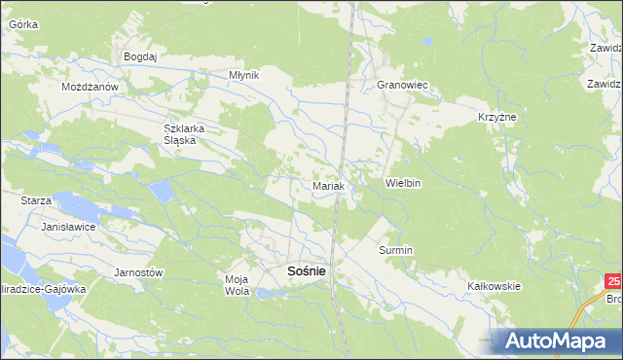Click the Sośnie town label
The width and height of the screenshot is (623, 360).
coord(307,272)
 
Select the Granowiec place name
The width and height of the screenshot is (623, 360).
coord(403,86)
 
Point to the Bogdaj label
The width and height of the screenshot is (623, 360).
coord(140,57)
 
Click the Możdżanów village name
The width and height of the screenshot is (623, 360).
coord(90,87)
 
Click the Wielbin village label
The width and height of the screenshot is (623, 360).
coord(402,183)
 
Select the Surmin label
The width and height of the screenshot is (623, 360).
coord(395,250)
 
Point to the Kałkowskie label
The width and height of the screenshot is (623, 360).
coord(495,286)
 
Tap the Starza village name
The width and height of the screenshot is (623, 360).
coord(35,199)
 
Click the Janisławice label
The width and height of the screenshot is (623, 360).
coord(65,226)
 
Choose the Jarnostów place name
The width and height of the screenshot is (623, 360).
coord(138,272)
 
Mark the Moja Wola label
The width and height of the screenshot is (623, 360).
coord(237,285)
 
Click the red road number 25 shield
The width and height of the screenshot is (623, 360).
coord(612,282)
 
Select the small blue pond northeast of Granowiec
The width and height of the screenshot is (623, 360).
coord(425,43)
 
